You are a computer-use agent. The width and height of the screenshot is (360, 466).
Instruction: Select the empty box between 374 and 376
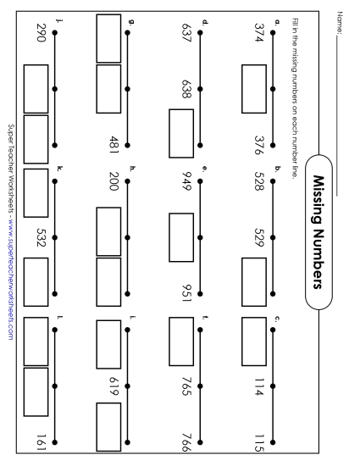[x=254, y=85]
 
